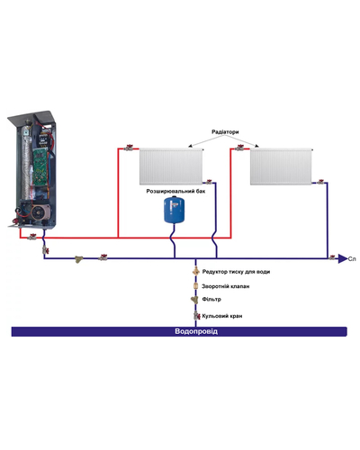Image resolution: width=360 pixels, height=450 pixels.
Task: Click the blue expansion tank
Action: click(174, 210)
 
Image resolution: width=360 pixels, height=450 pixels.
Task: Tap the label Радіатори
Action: click(225, 132)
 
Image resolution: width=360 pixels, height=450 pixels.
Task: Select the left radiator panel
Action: click(172, 166)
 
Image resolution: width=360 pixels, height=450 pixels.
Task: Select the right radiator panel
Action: click(282, 166)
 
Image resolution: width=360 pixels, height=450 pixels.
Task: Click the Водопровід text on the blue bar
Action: click(196, 331)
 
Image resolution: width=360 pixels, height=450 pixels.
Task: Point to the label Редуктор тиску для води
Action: click(236, 272)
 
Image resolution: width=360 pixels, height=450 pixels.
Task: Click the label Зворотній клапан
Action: click(226, 286)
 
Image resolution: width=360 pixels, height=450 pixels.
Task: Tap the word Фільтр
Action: click(211, 300)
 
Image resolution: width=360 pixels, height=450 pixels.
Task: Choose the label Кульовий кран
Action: click(222, 316)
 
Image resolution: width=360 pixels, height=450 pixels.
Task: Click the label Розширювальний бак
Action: click(175, 191)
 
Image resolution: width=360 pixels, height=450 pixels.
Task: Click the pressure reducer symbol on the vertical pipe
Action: click(196, 271)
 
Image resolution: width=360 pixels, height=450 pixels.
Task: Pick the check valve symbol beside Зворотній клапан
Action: click(196, 286)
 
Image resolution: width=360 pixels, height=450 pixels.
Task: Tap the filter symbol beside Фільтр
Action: click(195, 300)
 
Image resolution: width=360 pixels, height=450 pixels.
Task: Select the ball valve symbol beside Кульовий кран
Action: click(196, 316)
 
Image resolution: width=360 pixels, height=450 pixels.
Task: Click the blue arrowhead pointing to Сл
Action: click(343, 258)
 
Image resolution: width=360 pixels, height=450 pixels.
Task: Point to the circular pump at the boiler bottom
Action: click(38, 212)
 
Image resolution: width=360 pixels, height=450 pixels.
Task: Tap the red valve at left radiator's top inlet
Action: click(129, 148)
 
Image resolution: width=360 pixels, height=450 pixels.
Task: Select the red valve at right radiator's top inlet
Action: click(239, 148)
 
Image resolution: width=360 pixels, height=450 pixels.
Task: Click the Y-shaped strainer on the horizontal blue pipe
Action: click(79, 259)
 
